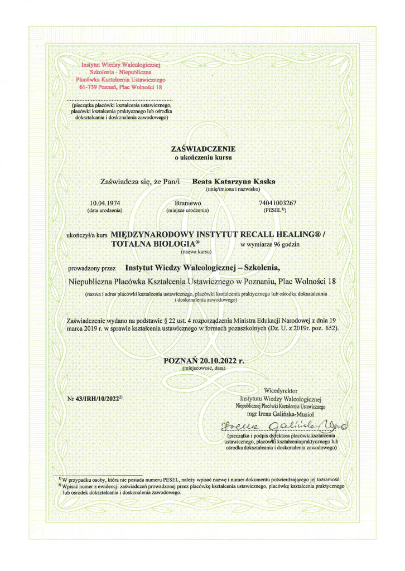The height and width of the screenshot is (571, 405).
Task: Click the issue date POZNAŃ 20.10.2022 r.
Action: pyautogui.click(x=205, y=360)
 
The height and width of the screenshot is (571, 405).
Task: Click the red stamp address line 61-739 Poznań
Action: pyautogui.click(x=120, y=88)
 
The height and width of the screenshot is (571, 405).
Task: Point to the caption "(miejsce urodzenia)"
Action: pyautogui.click(x=187, y=211)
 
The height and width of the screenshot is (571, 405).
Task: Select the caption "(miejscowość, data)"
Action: pyautogui.click(x=204, y=369)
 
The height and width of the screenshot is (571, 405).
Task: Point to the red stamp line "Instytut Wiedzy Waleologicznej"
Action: pyautogui.click(x=120, y=66)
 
